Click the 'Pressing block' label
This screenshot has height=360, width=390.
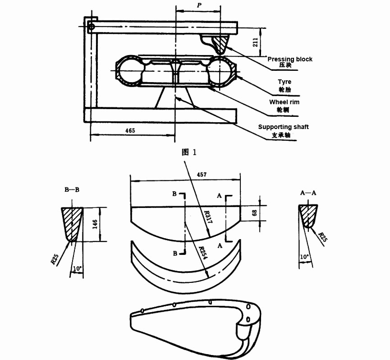click(290, 59)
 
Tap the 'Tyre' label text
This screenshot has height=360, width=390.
click(284, 82)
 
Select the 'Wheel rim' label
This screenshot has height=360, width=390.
click(284, 102)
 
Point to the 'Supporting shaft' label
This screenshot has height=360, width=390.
click(283, 127)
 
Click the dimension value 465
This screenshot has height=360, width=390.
click(130, 130)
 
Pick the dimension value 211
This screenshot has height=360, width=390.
click(256, 42)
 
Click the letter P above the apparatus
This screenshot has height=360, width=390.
click(199, 5)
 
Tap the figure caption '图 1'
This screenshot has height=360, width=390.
click(189, 152)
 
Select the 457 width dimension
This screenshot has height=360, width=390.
click(202, 175)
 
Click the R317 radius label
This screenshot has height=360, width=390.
click(208, 217)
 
